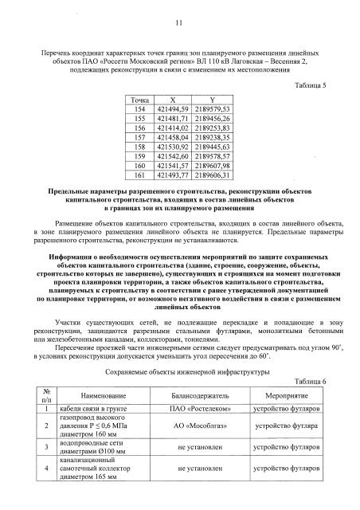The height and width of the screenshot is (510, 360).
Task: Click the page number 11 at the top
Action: click(x=179, y=23)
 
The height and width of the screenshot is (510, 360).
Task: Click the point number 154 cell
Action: click(x=139, y=108)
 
